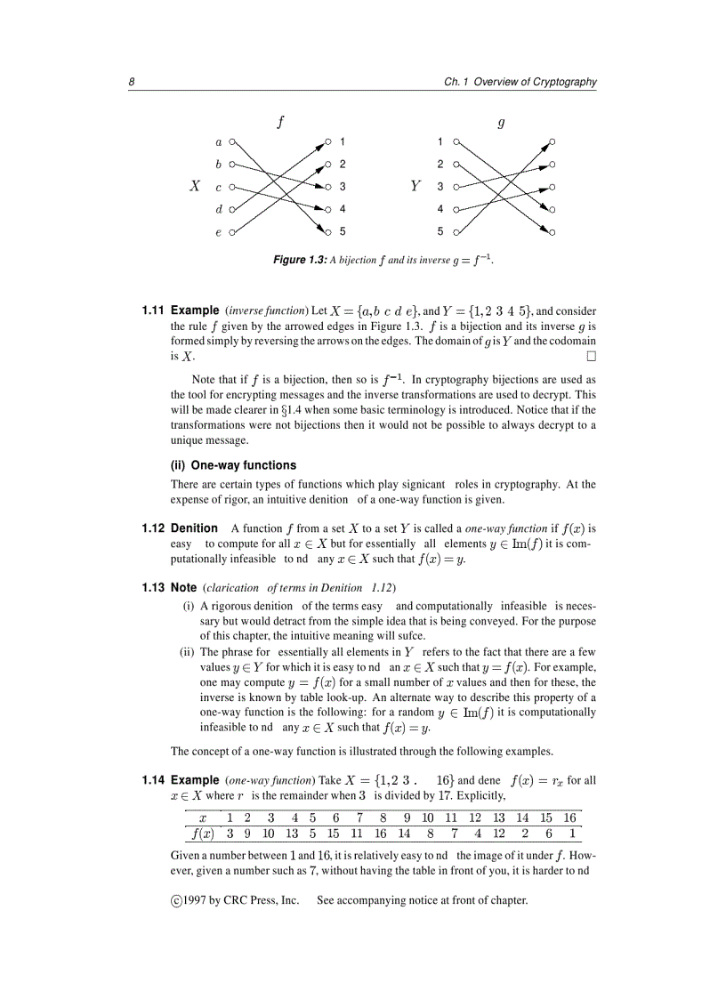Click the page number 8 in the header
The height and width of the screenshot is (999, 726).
click(x=131, y=82)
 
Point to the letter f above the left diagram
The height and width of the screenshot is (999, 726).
click(x=280, y=122)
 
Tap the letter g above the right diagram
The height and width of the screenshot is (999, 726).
click(x=501, y=123)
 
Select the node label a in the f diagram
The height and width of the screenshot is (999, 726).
click(x=218, y=141)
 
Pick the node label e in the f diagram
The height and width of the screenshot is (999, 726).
click(x=218, y=233)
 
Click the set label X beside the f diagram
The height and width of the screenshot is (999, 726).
click(x=195, y=187)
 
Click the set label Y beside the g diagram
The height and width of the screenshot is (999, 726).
click(x=415, y=187)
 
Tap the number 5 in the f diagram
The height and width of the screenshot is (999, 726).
click(x=343, y=232)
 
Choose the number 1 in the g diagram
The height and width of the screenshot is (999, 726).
click(x=440, y=141)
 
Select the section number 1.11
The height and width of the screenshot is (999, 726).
click(x=154, y=310)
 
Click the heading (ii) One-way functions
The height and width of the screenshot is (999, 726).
click(x=233, y=464)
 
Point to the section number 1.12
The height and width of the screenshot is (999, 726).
click(x=154, y=528)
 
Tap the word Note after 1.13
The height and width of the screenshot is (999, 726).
click(x=183, y=587)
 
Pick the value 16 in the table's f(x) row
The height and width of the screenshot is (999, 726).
click(x=380, y=834)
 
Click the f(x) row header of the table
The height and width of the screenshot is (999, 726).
click(x=202, y=834)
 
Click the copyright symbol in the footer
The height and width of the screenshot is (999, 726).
click(x=176, y=900)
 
